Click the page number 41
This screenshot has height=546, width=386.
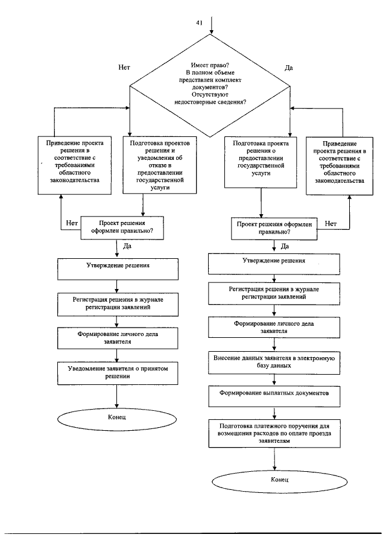click(199, 22)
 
